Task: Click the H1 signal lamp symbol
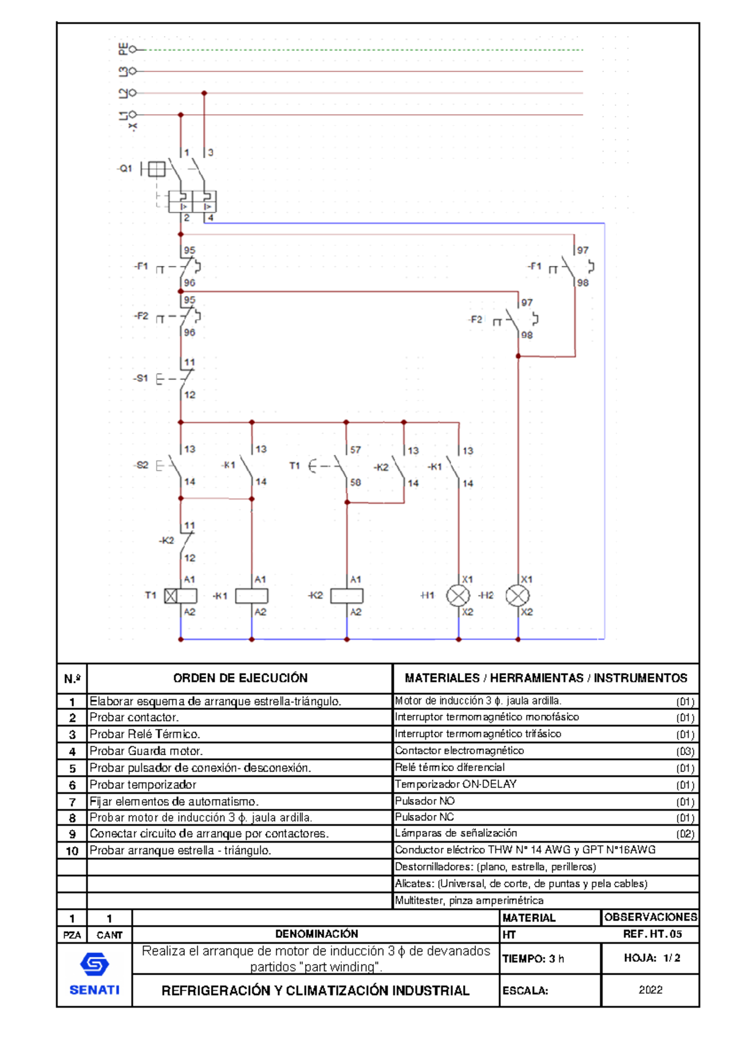click(x=458, y=596)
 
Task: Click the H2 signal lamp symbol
click(x=517, y=596)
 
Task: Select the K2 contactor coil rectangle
click(x=347, y=596)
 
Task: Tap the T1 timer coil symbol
click(x=181, y=596)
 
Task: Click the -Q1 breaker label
click(x=125, y=168)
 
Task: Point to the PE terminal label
click(x=124, y=49)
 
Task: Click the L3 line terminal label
click(x=124, y=72)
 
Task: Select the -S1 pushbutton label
click(x=141, y=378)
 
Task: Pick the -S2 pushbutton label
click(x=141, y=465)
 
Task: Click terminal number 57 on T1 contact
click(x=355, y=449)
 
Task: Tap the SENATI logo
click(x=94, y=974)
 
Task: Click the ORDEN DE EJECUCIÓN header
click(x=240, y=678)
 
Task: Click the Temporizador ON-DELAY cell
click(x=456, y=784)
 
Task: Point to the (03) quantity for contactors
click(x=684, y=751)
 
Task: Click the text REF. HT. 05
click(x=652, y=934)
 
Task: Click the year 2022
click(x=650, y=990)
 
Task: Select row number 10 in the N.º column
click(x=72, y=851)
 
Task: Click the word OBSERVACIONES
click(x=650, y=917)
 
